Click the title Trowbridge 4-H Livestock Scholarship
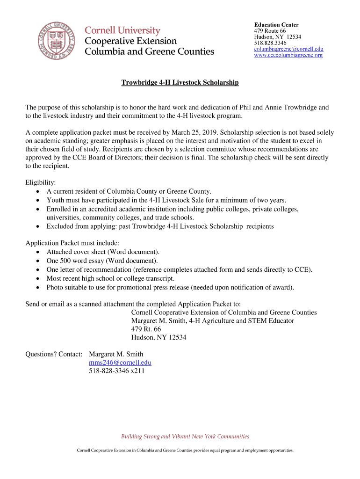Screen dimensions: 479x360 pos(180,83)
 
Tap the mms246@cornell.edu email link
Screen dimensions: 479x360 pos(120,363)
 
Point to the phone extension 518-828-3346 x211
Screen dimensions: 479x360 pos(117,371)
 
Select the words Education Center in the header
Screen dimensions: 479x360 pos(276,25)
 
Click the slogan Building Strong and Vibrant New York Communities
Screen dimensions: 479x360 pos(185,436)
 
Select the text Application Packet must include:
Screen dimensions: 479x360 pos(72,243)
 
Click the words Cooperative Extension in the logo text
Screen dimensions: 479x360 pos(130,41)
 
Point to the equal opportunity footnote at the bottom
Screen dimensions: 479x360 pos(185,450)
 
